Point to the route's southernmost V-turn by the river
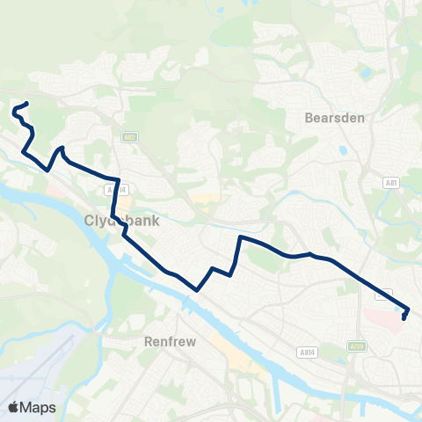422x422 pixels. pyautogui.click(x=198, y=288)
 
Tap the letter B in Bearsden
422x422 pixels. pyautogui.click(x=309, y=116)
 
